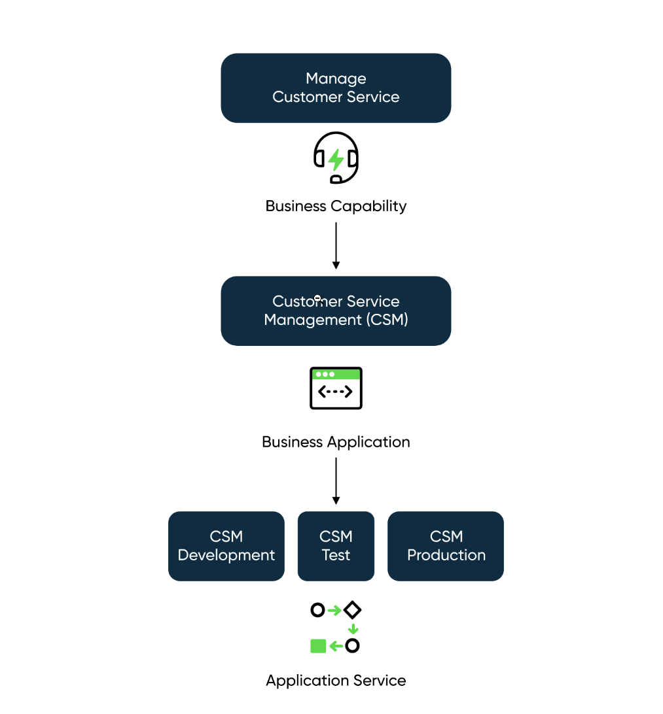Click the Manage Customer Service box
coord(336,88)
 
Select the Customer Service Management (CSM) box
coord(336,311)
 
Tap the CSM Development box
coord(226,546)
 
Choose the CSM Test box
coord(336,546)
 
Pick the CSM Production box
coord(446,546)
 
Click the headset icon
coord(336,158)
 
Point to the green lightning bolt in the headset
coord(336,159)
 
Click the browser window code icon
coord(336,388)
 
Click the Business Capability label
coord(336,206)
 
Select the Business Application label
coord(336,442)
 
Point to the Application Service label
coord(336,681)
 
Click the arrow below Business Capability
coord(336,245)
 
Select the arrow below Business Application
coord(336,481)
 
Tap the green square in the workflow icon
coord(318,646)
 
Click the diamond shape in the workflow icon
coord(353,610)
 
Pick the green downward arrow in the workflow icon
coord(353,629)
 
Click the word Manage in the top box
coord(336,78)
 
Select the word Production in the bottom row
coord(446,555)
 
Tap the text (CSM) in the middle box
coord(387,320)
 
